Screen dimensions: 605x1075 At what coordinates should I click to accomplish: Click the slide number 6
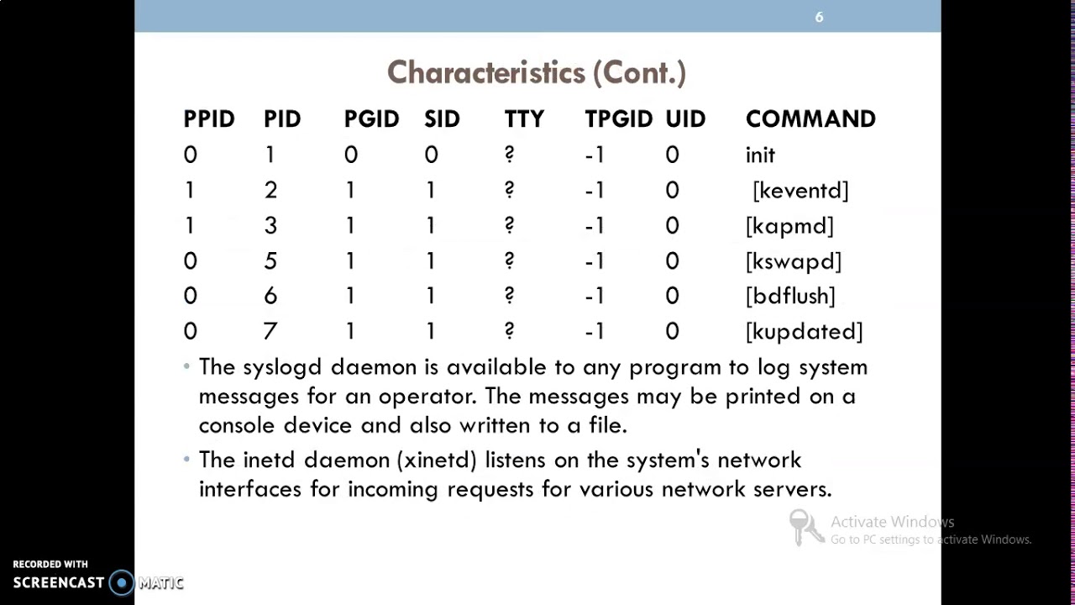click(819, 17)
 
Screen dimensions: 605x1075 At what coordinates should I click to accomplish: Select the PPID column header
click(209, 119)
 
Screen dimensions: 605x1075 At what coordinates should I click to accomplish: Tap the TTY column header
click(524, 119)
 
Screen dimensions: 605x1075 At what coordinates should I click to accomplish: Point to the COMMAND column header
click(810, 119)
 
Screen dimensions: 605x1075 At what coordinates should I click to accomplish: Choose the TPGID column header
click(619, 119)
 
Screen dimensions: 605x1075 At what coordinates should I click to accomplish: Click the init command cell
click(760, 155)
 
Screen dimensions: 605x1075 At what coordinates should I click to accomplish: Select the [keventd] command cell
click(800, 191)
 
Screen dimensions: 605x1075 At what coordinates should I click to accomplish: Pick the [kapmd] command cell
click(789, 226)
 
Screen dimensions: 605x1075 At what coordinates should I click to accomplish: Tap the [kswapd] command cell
click(794, 261)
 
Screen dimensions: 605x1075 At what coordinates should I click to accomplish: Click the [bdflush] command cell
click(790, 297)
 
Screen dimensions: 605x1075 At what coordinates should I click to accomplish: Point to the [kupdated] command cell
click(804, 332)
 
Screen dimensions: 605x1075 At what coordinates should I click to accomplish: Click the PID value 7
click(270, 332)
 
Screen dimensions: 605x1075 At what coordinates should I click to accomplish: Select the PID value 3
click(270, 226)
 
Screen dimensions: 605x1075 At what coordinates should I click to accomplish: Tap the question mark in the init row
click(509, 155)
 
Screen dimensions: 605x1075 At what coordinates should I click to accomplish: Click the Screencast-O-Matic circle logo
click(122, 582)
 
